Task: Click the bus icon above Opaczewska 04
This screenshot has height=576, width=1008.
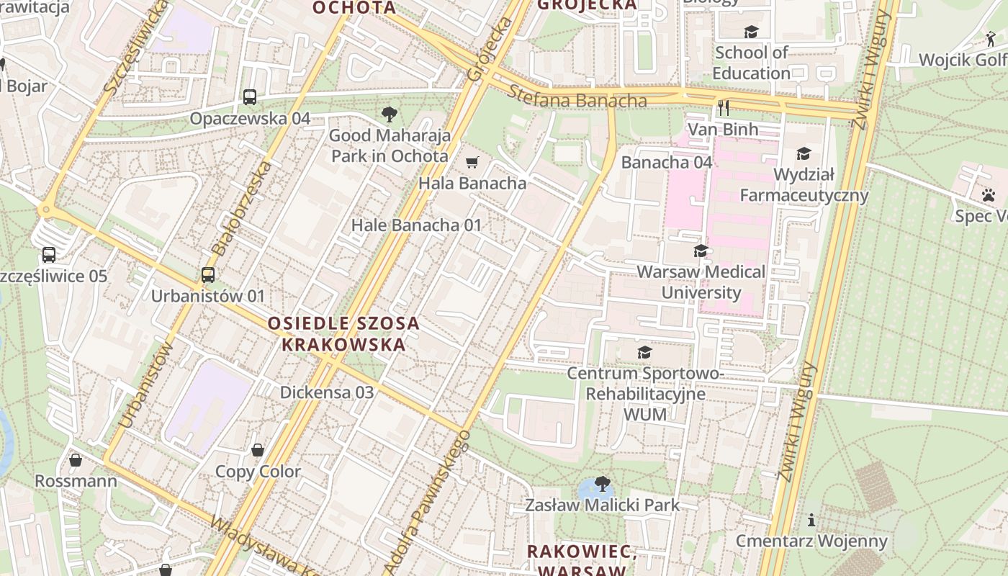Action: [x=250, y=96]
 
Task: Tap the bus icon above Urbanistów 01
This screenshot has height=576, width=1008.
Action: [x=208, y=274]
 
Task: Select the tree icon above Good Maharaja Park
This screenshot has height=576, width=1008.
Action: [x=389, y=114]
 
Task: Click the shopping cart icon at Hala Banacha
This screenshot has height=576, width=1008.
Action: [x=472, y=163]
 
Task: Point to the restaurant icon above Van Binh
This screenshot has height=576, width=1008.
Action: [x=724, y=108]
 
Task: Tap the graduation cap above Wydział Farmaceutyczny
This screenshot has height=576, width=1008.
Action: [x=804, y=153]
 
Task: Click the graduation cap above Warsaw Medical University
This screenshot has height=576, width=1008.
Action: [x=701, y=251]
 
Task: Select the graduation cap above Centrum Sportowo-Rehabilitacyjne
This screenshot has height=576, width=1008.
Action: [x=644, y=352]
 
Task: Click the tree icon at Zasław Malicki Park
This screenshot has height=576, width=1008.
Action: [x=602, y=484]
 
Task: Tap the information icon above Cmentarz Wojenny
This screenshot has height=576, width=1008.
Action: [x=811, y=520]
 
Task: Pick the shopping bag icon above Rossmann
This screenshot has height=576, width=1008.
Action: [x=76, y=459]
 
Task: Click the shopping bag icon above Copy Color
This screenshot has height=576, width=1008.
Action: [x=258, y=451]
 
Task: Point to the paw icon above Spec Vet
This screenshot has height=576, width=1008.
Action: [x=988, y=194]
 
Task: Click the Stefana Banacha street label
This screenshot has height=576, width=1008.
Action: [x=577, y=97]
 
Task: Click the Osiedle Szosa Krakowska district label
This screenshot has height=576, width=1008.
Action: [x=343, y=333]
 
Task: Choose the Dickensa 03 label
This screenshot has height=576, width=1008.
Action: [x=327, y=392]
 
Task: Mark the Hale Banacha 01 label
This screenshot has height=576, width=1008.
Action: [x=416, y=225]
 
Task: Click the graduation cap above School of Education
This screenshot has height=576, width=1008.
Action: [x=751, y=32]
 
